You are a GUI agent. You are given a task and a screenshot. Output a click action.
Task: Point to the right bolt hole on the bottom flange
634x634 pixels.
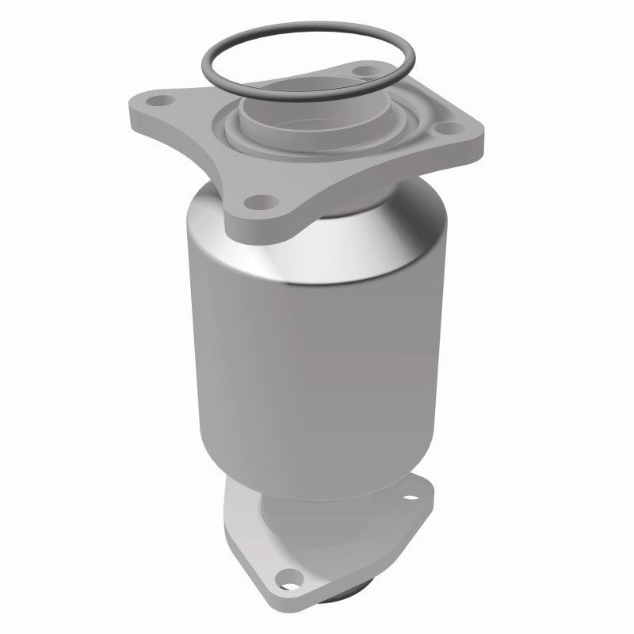pyautogui.click(x=411, y=501)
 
